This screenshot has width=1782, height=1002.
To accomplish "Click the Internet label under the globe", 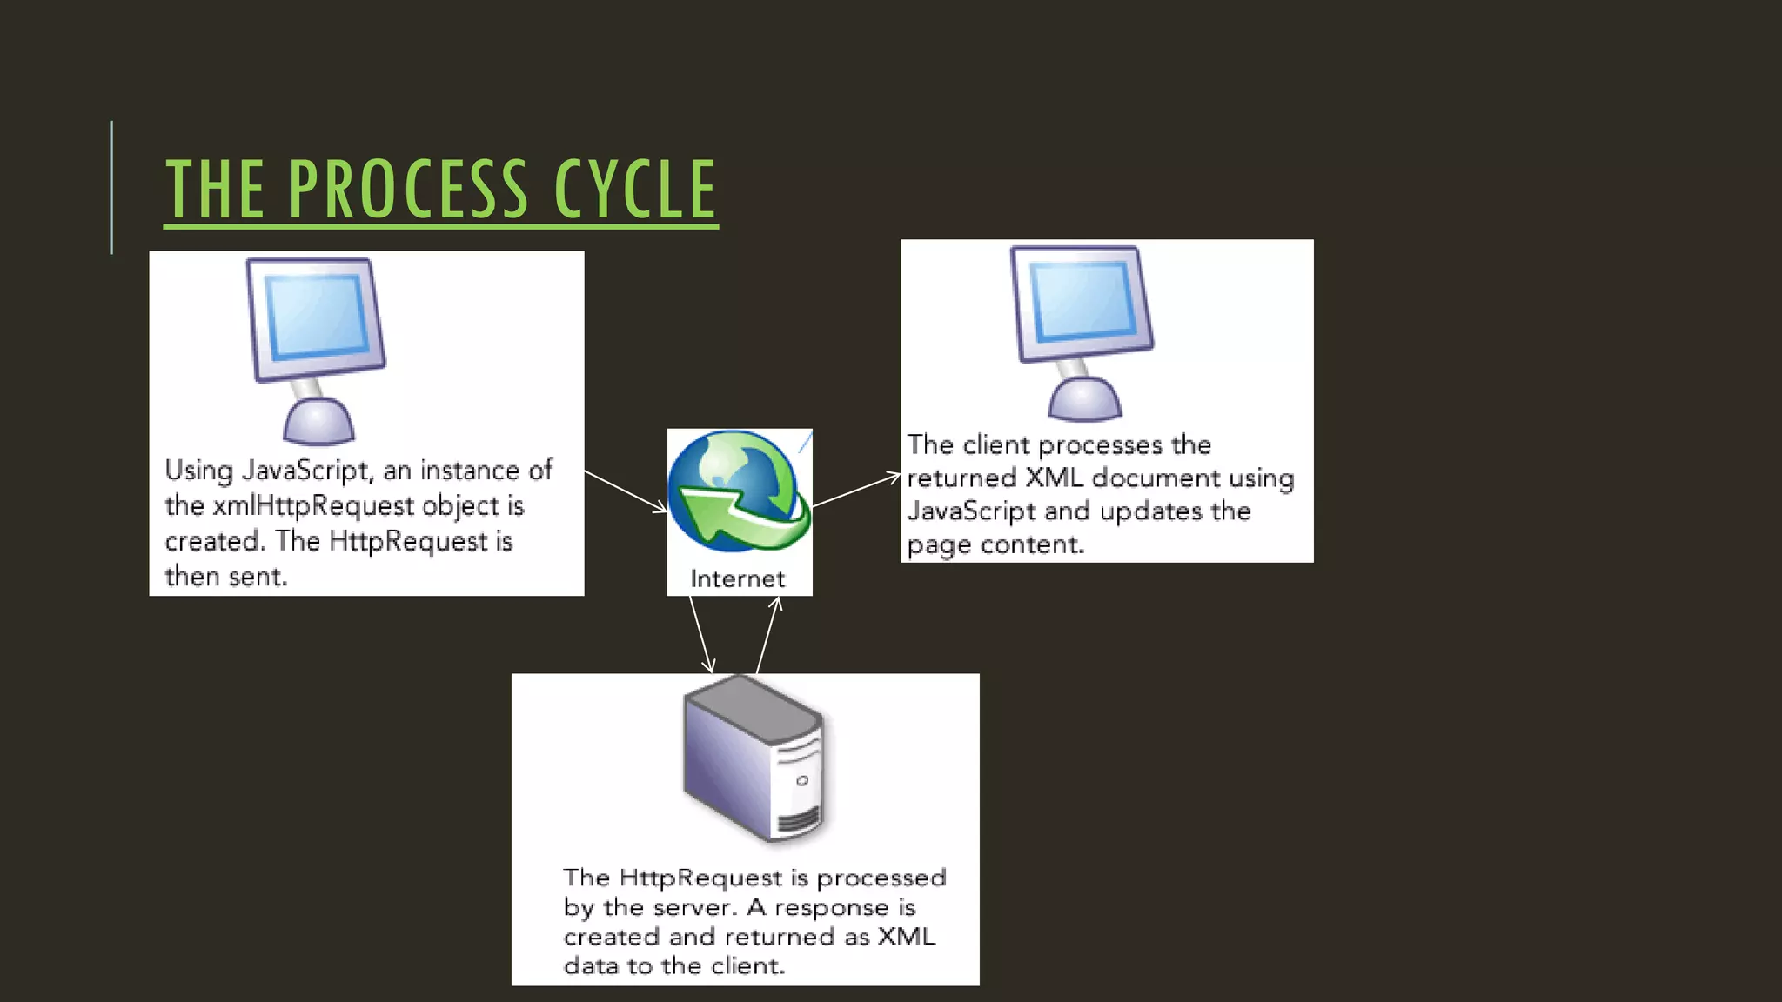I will [737, 579].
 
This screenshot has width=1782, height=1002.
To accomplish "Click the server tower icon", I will [754, 757].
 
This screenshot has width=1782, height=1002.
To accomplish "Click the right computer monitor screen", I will [1082, 301].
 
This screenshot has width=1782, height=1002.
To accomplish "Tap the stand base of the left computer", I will [318, 424].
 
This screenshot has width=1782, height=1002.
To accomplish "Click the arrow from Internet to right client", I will [856, 490].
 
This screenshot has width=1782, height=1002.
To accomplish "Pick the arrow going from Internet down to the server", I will [701, 634].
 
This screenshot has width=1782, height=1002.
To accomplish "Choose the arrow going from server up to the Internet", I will [768, 635].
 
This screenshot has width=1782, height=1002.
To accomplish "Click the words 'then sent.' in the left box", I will [225, 577].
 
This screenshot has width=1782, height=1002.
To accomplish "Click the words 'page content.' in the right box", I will [995, 545].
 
